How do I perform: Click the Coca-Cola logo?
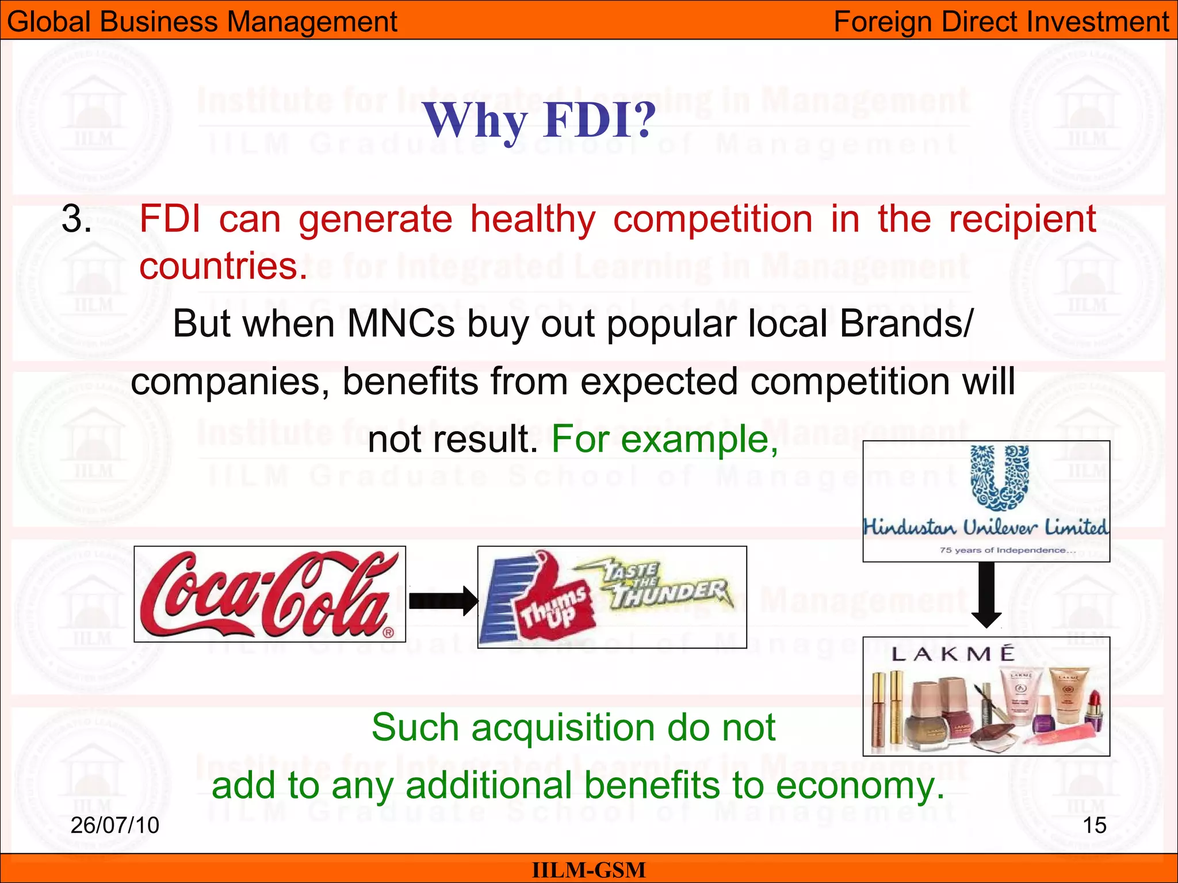(269, 594)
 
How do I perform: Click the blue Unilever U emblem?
(1000, 478)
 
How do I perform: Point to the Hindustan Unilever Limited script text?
(986, 527)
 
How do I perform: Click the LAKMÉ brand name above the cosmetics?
(953, 654)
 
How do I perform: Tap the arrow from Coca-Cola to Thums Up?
(443, 601)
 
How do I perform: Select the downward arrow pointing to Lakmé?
(986, 595)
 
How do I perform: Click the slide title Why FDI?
(539, 120)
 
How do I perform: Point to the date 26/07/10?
(114, 826)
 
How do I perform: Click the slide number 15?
(1094, 826)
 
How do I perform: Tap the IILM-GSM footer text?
(588, 870)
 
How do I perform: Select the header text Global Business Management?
(202, 22)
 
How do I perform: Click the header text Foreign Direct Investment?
(1001, 22)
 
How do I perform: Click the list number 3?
(77, 220)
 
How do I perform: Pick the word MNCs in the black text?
(401, 324)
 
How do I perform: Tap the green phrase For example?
(665, 439)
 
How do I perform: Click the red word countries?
(224, 266)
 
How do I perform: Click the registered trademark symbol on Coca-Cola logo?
(388, 633)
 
